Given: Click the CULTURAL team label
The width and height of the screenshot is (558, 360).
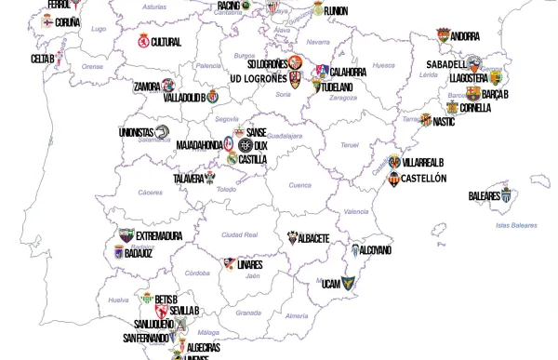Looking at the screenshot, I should coord(166,42).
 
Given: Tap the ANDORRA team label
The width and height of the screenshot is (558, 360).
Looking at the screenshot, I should coord(465,36).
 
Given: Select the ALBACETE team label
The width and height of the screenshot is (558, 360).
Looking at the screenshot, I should coord(312,239).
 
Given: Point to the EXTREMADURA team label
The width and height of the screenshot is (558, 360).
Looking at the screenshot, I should coord(159,236).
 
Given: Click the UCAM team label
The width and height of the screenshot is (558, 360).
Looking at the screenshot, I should coord(330,284).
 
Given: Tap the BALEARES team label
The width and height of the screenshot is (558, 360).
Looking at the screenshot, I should coord(484,196).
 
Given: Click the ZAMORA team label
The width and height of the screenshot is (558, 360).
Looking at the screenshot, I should coord(148,87).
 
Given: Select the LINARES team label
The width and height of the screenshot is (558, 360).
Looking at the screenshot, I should coord(250,264).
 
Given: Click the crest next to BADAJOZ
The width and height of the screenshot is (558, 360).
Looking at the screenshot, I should coord(118,252).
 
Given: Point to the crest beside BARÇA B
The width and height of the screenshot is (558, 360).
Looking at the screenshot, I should coord(473,94).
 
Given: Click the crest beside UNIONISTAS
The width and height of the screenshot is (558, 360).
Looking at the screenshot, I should coord(162,132).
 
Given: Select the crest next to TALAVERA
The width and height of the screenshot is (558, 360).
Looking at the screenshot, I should coord(210,178).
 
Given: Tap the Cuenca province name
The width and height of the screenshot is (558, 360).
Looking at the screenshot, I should coord(299,185).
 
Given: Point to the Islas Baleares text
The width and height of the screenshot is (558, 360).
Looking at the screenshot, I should coord(516,225).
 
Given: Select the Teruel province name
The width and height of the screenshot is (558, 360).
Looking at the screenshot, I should coord(349,145).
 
